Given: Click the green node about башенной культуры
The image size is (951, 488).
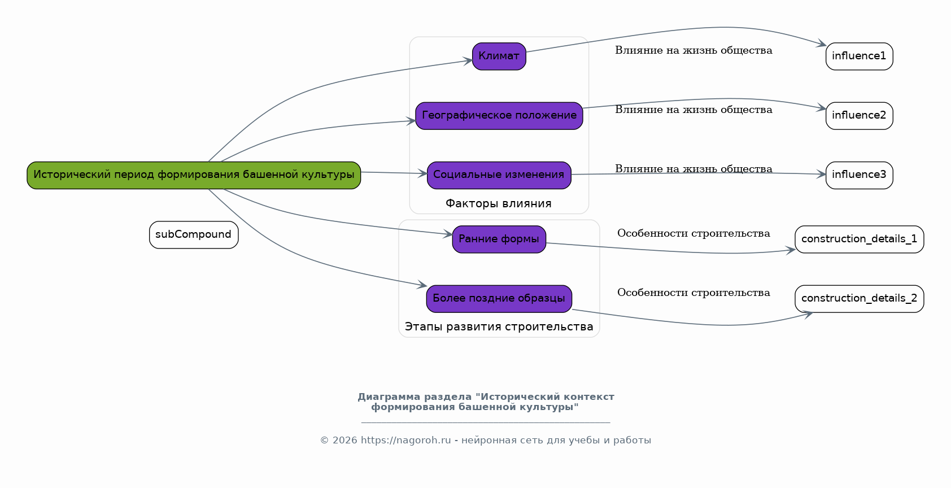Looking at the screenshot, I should pyautogui.click(x=194, y=175).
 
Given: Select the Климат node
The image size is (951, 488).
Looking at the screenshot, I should pyautogui.click(x=499, y=56).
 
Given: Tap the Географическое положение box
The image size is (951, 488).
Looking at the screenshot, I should pyautogui.click(x=499, y=116).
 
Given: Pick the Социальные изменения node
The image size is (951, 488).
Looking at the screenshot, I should pyautogui.click(x=499, y=175).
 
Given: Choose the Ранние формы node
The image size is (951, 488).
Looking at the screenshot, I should pyautogui.click(x=499, y=239).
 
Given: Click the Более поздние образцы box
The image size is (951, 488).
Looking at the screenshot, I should pyautogui.click(x=499, y=299).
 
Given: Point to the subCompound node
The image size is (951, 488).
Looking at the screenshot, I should pyautogui.click(x=194, y=235).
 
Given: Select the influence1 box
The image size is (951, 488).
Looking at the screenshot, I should pyautogui.click(x=859, y=56).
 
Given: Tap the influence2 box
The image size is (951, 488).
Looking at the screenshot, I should pyautogui.click(x=859, y=116).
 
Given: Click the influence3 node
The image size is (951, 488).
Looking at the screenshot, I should pyautogui.click(x=859, y=175).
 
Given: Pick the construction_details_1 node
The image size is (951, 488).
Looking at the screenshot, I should pyautogui.click(x=859, y=239).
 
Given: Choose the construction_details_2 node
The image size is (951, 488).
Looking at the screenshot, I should pyautogui.click(x=859, y=299).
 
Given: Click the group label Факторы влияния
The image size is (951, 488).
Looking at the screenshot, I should pyautogui.click(x=499, y=204).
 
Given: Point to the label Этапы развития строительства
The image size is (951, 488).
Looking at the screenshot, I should pyautogui.click(x=499, y=327).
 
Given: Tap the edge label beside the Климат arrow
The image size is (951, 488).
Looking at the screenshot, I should pyautogui.click(x=693, y=51).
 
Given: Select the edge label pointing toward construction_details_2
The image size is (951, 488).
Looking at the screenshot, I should pyautogui.click(x=693, y=293).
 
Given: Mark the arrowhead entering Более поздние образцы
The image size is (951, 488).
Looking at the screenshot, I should pyautogui.click(x=422, y=286).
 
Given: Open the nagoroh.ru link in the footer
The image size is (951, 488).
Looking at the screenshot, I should pyautogui.click(x=405, y=441).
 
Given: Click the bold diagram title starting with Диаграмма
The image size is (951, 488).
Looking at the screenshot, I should pyautogui.click(x=486, y=402).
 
